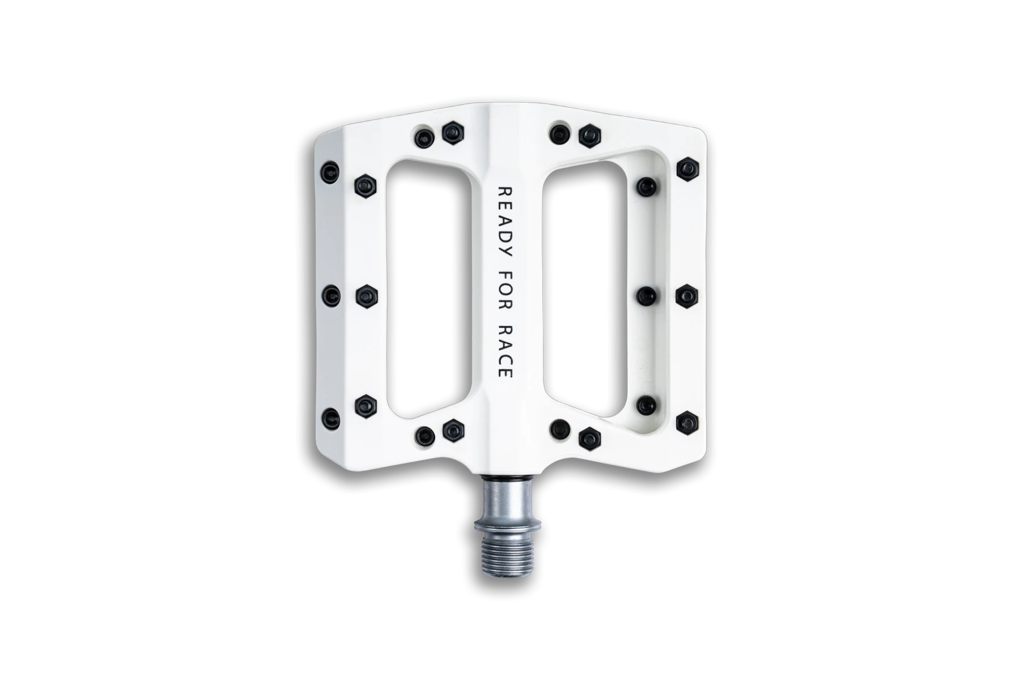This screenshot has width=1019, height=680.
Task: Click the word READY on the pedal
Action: [504, 223]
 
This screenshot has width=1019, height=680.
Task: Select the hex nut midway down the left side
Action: [366, 295]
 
